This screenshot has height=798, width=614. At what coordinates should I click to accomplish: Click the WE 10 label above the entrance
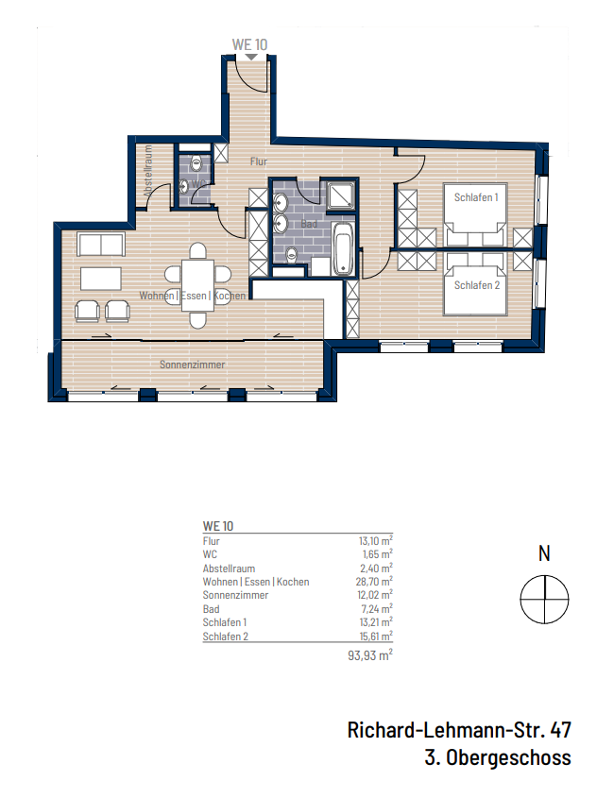(x=249, y=43)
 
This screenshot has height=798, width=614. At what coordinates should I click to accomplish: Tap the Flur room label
(x=259, y=161)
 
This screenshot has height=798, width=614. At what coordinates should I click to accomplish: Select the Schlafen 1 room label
(x=476, y=196)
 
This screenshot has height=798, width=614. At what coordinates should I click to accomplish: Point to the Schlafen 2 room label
(x=476, y=285)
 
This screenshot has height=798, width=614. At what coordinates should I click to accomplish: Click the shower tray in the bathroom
(x=340, y=195)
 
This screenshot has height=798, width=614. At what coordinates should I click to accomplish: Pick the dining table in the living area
(x=197, y=275)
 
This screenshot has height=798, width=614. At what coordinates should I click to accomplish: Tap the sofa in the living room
(x=101, y=244)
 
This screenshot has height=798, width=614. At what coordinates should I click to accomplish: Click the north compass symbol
(x=545, y=598)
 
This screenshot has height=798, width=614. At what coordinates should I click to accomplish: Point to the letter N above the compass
(x=545, y=554)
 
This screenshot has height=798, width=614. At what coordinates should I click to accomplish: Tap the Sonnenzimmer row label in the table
(x=235, y=596)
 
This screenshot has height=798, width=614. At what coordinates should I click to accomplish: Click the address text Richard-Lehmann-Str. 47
(x=459, y=730)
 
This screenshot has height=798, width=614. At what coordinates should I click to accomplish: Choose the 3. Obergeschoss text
(x=498, y=757)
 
